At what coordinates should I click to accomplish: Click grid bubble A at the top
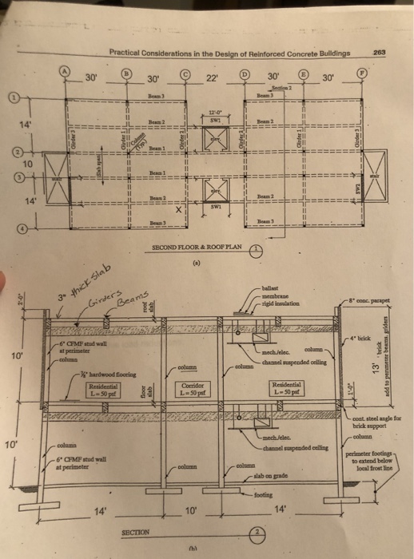pyautogui.click(x=67, y=73)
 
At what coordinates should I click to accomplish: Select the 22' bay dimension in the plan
pyautogui.click(x=212, y=78)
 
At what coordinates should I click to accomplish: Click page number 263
pyautogui.click(x=379, y=53)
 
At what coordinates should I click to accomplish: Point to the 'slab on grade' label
pyautogui.click(x=274, y=478)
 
